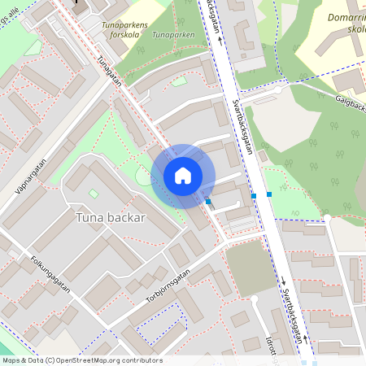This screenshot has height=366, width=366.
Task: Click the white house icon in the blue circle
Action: point(183,176)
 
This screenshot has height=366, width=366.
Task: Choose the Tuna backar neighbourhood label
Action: point(111,218)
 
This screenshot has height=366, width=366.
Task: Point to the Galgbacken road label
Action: point(350,104)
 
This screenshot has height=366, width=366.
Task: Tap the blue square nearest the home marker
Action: point(208,201)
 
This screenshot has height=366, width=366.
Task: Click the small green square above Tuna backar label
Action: point(94,194)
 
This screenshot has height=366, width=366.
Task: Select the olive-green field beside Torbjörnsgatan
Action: point(250,268)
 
